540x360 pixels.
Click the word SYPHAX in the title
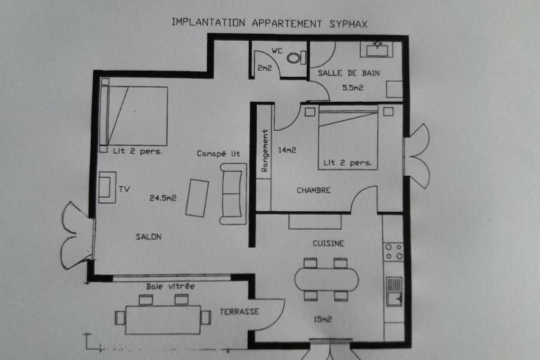348,24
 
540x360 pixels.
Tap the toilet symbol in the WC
296,57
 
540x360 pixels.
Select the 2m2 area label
264,68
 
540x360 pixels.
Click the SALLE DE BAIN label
348,73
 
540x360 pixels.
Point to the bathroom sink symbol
377,50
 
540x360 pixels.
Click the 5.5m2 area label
352,88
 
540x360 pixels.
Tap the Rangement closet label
264,150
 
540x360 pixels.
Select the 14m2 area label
287,150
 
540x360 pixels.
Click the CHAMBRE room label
314,190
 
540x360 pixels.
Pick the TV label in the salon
125,189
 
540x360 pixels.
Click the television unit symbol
107,187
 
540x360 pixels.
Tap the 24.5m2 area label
163,198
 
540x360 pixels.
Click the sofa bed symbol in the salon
233,194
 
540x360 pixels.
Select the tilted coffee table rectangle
197,198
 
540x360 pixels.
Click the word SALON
148,237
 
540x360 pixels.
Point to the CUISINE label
328,244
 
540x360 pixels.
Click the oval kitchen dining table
326,280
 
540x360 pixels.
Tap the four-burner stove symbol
394,251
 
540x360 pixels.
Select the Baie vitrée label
170,287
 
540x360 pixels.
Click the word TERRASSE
240,312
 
